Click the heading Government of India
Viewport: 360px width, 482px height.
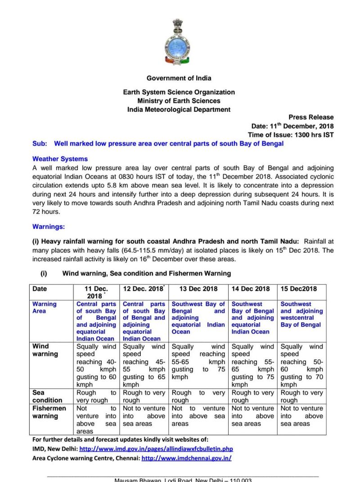[179, 78]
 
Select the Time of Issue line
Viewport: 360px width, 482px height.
[291, 135]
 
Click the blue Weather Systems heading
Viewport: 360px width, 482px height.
[60, 159]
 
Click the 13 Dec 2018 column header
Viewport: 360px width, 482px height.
[199, 289]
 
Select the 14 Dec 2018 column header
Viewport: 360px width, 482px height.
[252, 289]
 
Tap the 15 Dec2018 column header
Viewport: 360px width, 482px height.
[298, 289]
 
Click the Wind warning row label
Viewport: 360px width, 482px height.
[45, 350]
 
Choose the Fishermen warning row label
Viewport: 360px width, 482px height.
[49, 412]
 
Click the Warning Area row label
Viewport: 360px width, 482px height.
[45, 308]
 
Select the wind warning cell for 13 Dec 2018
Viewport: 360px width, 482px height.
[198, 362]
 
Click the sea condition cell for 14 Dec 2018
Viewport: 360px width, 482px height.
[252, 396]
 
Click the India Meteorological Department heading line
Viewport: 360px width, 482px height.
[179, 109]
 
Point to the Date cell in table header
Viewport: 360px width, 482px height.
[40, 289]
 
